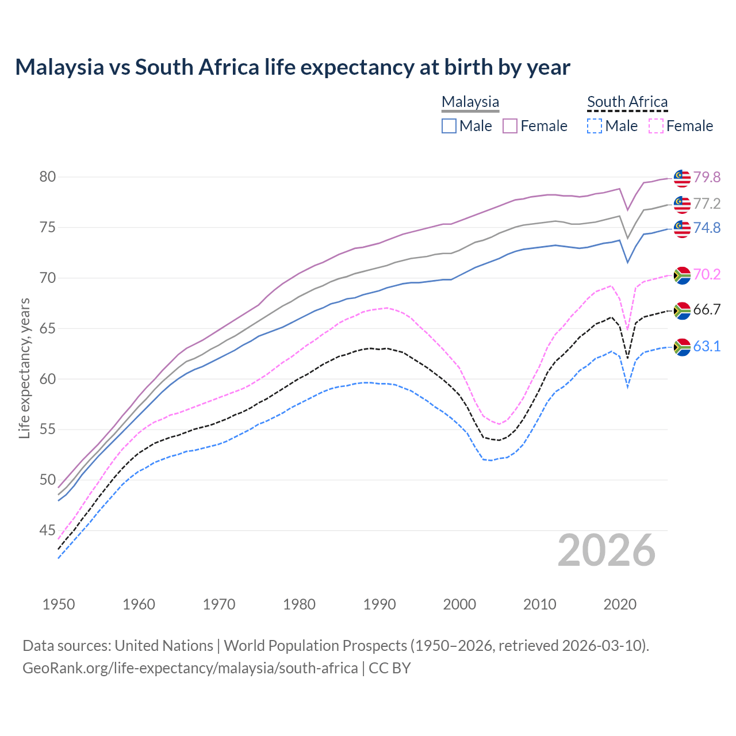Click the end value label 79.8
coord(707,177)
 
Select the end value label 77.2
coord(707,204)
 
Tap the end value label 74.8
coord(707,228)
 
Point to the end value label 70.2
coord(707,275)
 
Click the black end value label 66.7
coord(707,309)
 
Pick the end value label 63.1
coord(707,346)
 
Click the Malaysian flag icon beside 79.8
coord(682,178)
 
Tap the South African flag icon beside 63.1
coord(682,347)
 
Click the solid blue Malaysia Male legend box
coord(449,126)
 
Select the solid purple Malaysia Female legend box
coord(510,126)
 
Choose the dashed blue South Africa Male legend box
coord(595,126)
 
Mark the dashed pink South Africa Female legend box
coord(656,126)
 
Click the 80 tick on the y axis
coord(47,177)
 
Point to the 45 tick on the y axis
coord(47,530)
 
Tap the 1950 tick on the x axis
coord(59,604)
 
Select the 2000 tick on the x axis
coord(459,604)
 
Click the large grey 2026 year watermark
coord(607,551)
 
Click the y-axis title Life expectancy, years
coord(24,368)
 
